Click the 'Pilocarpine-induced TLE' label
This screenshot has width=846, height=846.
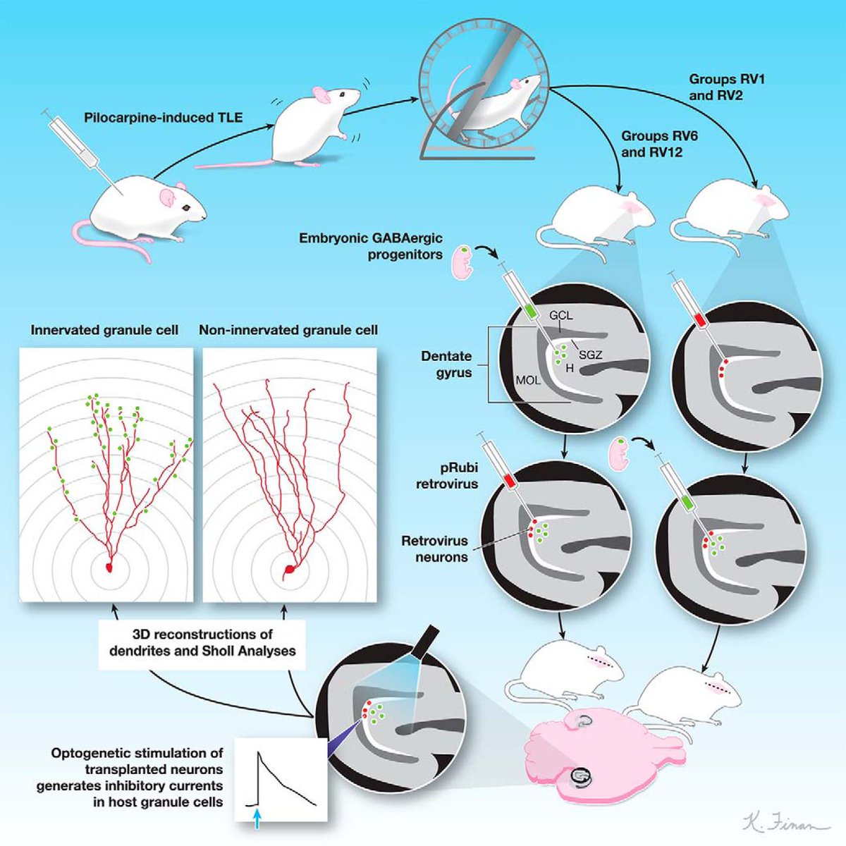163,118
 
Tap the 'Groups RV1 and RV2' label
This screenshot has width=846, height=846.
726,87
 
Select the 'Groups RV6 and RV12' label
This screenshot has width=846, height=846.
659,144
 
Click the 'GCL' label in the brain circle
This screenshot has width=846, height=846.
560,316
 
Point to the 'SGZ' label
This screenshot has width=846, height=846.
590,355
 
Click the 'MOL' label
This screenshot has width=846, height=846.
528,381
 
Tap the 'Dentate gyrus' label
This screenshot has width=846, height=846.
446,364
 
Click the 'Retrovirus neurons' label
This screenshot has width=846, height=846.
435,549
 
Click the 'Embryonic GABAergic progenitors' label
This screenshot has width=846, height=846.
371,246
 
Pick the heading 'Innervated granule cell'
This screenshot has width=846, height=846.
104,330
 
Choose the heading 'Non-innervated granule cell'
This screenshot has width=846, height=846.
288,330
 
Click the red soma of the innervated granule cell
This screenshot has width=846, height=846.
109,567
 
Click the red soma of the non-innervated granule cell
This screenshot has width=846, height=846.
289,569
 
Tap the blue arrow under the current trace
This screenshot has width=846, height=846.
258,819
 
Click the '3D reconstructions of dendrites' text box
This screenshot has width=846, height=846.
202,642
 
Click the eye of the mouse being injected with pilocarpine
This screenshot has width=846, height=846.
186,208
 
